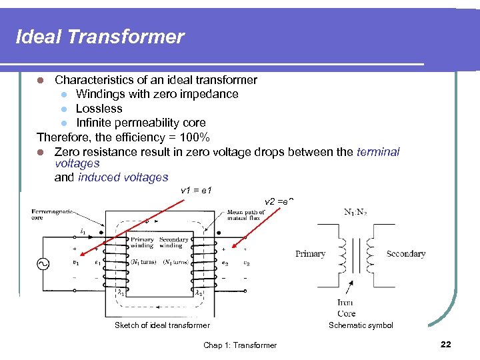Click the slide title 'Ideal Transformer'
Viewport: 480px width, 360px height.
coord(100,37)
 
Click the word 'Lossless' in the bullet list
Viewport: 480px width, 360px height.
coord(99,109)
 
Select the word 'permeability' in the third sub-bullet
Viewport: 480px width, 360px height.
coord(141,123)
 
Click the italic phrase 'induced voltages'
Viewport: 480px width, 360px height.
coord(123,177)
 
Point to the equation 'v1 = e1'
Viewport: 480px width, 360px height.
coord(196,191)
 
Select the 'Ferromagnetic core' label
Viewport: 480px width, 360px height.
coord(53,215)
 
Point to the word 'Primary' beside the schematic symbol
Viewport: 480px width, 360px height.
coord(310,254)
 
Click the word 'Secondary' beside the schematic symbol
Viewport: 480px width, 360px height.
coord(405,254)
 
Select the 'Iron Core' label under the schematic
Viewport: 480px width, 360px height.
coord(346,308)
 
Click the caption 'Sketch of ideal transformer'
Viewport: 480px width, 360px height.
coord(162,325)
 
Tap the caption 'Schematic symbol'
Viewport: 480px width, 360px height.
coord(361,325)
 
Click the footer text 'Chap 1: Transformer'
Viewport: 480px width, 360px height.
coord(240,345)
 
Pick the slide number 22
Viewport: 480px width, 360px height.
coord(445,344)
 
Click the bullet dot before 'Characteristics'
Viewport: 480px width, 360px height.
coord(41,80)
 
